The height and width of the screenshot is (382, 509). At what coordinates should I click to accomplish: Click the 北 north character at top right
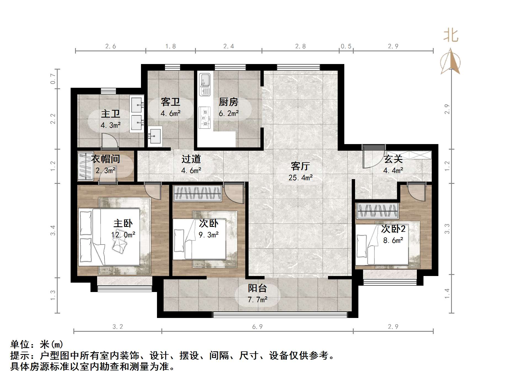click(451, 36)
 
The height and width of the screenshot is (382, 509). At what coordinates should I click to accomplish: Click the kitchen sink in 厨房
click(205, 84)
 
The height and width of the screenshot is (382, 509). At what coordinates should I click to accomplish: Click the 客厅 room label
click(300, 166)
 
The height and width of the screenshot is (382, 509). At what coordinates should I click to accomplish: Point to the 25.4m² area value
click(300, 178)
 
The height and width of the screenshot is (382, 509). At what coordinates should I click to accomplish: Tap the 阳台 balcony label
click(257, 288)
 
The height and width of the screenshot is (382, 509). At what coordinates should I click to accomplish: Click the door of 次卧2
click(416, 191)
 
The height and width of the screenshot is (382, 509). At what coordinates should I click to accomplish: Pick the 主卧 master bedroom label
click(123, 223)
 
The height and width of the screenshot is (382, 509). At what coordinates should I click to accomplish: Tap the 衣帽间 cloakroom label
click(106, 159)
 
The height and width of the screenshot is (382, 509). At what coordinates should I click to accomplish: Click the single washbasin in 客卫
click(155, 136)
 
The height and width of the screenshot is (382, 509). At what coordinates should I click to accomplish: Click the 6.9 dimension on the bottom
click(257, 327)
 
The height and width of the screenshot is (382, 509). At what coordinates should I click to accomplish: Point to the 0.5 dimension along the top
click(346, 46)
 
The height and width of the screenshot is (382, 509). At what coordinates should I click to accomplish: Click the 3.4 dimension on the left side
click(53, 230)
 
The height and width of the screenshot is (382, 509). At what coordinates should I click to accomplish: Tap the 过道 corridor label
click(191, 159)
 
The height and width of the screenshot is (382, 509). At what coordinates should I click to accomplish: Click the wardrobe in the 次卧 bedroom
click(198, 193)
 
